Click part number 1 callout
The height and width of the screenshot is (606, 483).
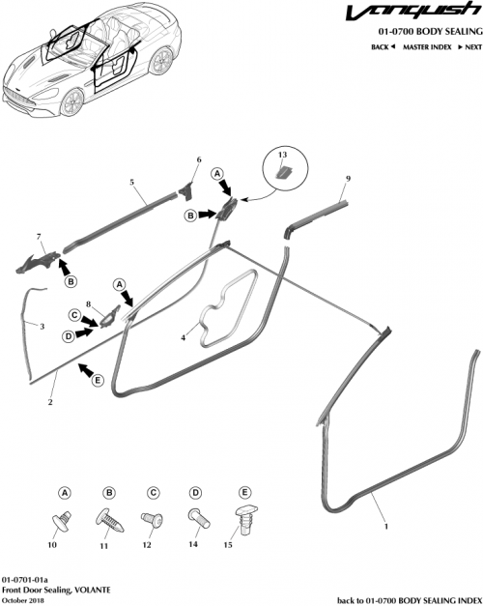[x=387, y=528]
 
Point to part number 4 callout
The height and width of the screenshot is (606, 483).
[x=183, y=337]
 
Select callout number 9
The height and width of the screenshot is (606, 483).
[x=348, y=179]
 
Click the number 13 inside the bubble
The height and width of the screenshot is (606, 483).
[x=282, y=155]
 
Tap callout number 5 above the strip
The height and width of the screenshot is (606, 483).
[x=131, y=181]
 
